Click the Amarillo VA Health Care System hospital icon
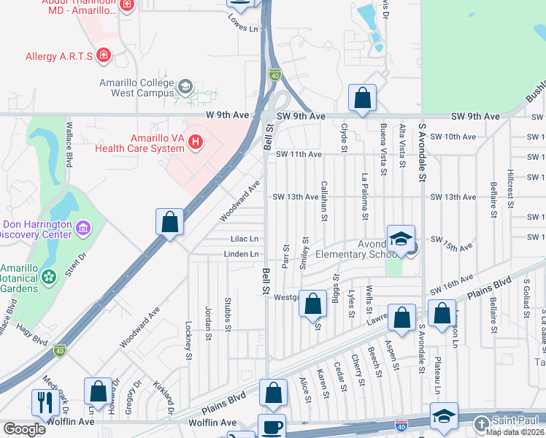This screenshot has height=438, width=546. pyautogui.click(x=195, y=142)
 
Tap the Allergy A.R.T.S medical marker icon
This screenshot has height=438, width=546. pyautogui.click(x=104, y=55)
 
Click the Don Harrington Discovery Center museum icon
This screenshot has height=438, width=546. pyautogui.click(x=83, y=229)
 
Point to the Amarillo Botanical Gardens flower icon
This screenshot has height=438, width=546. pyautogui.click(x=49, y=277)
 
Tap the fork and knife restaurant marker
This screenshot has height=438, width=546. pyautogui.click(x=45, y=402)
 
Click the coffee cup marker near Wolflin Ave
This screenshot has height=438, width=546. pyautogui.click(x=272, y=426)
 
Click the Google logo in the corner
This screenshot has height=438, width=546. pyautogui.click(x=23, y=429)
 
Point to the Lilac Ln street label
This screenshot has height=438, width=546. pyautogui.click(x=245, y=239)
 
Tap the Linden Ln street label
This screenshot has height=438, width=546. pyautogui.click(x=242, y=254)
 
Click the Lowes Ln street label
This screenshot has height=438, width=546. pyautogui.click(x=244, y=28)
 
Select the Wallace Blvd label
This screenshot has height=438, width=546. pyautogui.click(x=69, y=149)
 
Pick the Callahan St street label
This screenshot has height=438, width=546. pyautogui.click(x=324, y=198)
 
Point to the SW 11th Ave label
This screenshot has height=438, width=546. pyautogui.click(x=299, y=155)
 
